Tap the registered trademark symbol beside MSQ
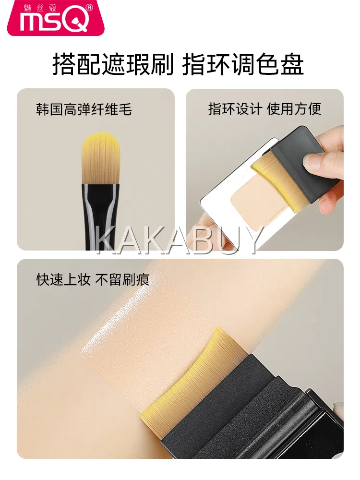(89, 8)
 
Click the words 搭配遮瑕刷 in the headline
(113, 64)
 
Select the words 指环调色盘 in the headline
(243, 64)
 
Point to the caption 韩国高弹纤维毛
(84, 109)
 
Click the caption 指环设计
(235, 109)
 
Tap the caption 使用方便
(294, 109)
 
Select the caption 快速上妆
(63, 279)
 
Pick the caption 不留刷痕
(122, 279)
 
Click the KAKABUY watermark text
(180, 240)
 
